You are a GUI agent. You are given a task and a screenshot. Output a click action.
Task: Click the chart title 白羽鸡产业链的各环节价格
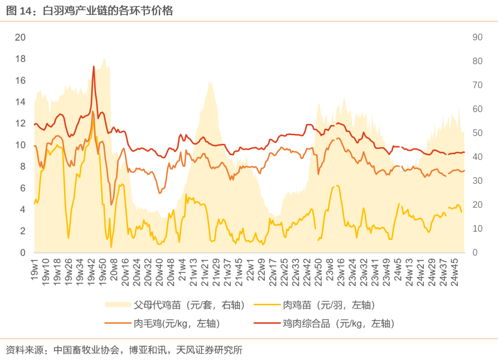tap(108, 11)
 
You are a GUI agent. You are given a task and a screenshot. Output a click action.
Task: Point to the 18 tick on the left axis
tap(20, 59)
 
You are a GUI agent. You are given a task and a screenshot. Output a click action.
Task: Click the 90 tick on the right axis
tap(477, 37)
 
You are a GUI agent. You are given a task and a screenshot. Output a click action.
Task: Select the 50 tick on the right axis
tap(477, 133)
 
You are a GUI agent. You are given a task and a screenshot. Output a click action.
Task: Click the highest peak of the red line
tap(94, 66)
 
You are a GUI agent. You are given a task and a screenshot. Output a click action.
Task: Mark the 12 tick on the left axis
tap(20, 123)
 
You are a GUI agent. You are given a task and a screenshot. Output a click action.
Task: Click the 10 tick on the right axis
tap(477, 228)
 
